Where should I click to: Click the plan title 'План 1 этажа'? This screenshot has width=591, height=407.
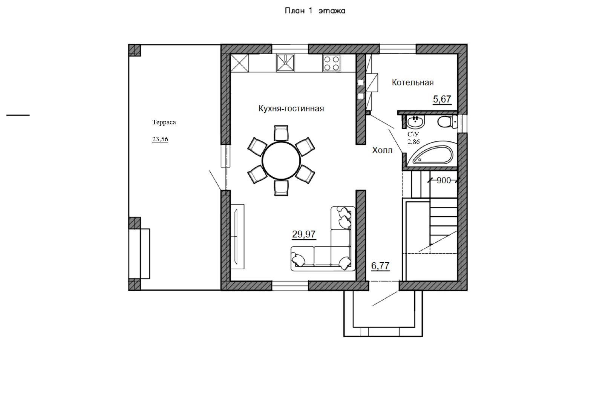click(x=315, y=11)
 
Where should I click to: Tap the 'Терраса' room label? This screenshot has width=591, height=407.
click(x=164, y=122)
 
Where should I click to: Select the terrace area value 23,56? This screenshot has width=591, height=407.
click(x=160, y=139)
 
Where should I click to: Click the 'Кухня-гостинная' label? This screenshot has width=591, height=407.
click(x=291, y=109)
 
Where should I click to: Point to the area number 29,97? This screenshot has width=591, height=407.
click(x=304, y=234)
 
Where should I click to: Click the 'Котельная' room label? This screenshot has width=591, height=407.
click(x=413, y=83)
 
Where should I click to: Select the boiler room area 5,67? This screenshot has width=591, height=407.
click(x=442, y=99)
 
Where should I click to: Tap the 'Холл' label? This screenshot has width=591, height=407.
click(x=382, y=150)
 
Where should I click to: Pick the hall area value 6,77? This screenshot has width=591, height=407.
click(x=380, y=266)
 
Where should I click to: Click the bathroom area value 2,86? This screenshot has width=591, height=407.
click(x=413, y=142)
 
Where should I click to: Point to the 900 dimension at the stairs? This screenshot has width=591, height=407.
click(x=444, y=181)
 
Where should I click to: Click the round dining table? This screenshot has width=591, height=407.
click(x=281, y=161)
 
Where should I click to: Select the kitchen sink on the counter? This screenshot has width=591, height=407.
click(x=285, y=63)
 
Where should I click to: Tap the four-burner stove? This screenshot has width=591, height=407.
click(x=331, y=63)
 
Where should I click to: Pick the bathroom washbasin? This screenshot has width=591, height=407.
click(x=415, y=122)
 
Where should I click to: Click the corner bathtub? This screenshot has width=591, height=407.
click(x=432, y=154)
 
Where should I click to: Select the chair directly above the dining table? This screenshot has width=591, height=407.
click(x=281, y=133)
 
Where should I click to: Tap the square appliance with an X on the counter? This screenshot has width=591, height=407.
click(x=240, y=63)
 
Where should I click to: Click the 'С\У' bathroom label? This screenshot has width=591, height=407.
click(x=413, y=134)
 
